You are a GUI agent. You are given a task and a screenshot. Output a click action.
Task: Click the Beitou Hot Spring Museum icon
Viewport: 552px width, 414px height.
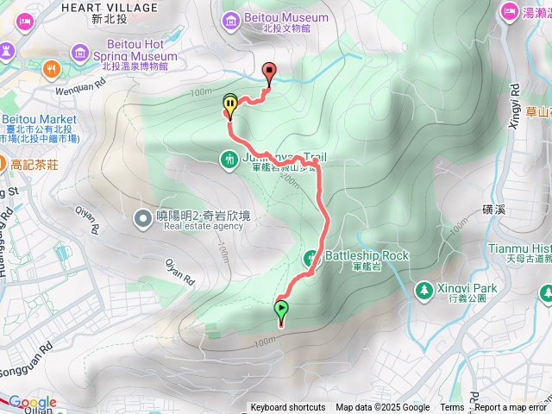click(x=81, y=54)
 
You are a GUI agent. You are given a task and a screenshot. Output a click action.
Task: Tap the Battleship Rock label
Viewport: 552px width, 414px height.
click(x=367, y=256)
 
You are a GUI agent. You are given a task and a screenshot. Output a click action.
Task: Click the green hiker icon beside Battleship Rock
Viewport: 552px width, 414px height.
click(x=311, y=257)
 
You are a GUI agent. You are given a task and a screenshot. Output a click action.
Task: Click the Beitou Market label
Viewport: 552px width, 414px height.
click(x=39, y=119)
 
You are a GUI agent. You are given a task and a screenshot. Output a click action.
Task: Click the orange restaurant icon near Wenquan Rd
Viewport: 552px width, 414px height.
click(x=53, y=68)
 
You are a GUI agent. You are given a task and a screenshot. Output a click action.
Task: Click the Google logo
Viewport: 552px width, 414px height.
click(x=33, y=402)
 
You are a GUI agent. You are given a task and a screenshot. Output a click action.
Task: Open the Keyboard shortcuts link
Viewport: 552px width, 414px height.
click(x=288, y=408)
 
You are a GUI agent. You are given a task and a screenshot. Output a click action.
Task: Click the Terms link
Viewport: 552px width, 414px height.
click(x=452, y=408)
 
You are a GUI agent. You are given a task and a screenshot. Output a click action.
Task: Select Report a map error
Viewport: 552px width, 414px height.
click(x=511, y=408)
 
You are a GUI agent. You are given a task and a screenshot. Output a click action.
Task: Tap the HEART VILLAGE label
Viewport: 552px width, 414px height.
click(x=96, y=7)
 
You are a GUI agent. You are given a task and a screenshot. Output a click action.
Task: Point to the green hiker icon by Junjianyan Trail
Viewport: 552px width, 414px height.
click(x=229, y=158)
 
